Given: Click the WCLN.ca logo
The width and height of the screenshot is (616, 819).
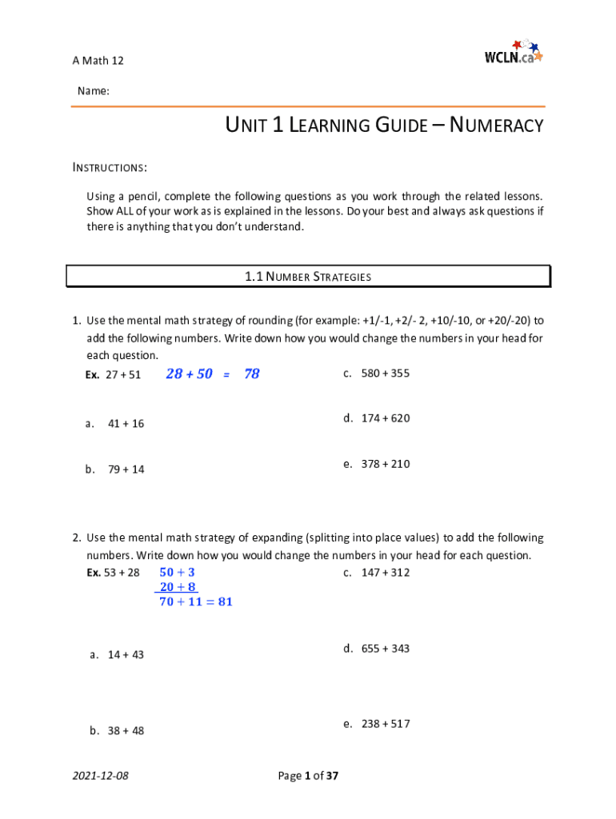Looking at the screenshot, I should pos(513,53).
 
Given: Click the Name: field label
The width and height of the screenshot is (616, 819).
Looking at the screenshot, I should pos(93,92).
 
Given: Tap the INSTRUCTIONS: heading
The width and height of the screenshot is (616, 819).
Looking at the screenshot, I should pos(110,168).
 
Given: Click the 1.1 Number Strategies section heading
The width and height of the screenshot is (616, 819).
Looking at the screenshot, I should pos(308,277).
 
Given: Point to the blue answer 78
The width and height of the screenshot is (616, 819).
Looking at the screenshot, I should pos(252,374).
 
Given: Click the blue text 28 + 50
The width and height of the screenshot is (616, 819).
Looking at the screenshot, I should pos(189,374).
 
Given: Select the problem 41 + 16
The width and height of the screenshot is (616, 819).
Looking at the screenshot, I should pos(126,423).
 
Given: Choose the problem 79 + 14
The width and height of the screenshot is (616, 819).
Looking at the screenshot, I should pos(126,469).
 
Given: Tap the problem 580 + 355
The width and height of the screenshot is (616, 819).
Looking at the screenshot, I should pos(385,373).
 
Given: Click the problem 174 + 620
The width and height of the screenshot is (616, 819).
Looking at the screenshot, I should pos(385,417).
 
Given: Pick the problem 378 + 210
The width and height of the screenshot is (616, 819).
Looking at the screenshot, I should pos(385,464).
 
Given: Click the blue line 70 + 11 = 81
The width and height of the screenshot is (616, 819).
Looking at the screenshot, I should pos(196,601).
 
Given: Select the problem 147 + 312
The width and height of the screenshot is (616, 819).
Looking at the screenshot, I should pos(385,572).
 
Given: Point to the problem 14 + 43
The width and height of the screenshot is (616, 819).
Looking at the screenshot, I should pos(126,655).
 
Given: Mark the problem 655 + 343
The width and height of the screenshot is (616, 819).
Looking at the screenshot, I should pos(385,649).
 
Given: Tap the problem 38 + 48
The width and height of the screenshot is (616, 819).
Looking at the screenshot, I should pos(126,730).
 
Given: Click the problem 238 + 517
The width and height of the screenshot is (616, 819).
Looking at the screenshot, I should pos(385,724).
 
